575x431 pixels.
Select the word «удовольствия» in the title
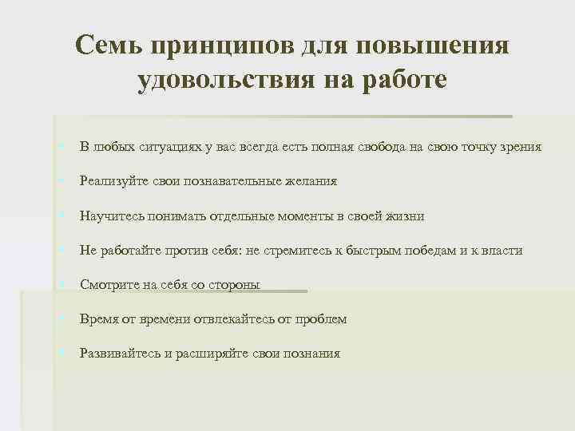[218, 81]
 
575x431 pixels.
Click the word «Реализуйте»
[113, 181]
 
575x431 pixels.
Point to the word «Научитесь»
[110, 216]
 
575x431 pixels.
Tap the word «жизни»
[406, 216]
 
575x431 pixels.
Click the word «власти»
[502, 251]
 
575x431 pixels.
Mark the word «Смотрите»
[109, 285]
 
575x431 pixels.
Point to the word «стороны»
[233, 285]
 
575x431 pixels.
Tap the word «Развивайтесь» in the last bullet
[121, 354]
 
